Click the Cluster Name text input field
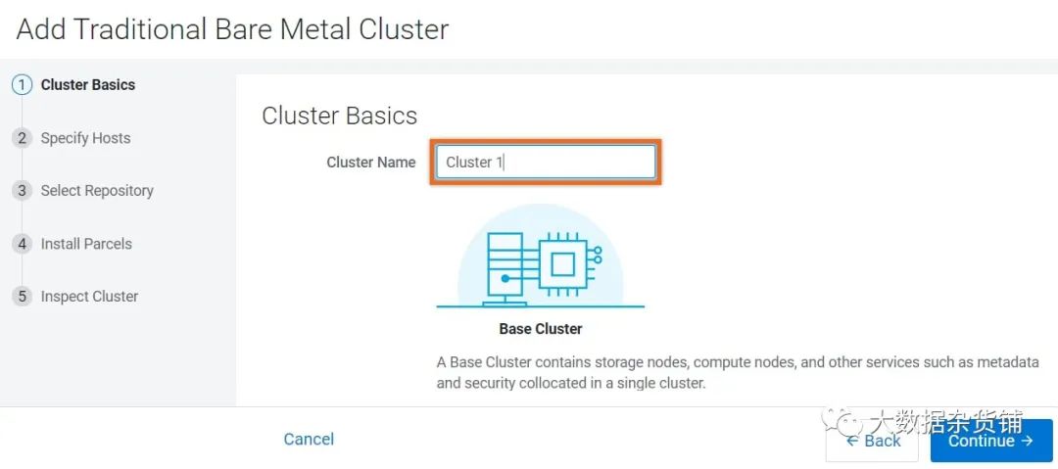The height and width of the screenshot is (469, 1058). pyautogui.click(x=546, y=162)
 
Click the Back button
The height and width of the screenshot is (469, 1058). pyautogui.click(x=872, y=441)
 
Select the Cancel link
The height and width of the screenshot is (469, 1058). pyautogui.click(x=309, y=440)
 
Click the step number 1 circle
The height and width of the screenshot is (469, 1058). pyautogui.click(x=23, y=85)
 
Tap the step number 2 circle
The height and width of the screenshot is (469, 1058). pyautogui.click(x=23, y=138)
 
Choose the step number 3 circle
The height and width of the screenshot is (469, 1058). pyautogui.click(x=23, y=191)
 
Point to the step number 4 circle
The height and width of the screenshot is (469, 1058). pyautogui.click(x=23, y=244)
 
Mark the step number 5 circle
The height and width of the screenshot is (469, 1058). pyautogui.click(x=23, y=297)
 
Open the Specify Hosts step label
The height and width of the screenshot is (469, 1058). pyautogui.click(x=85, y=138)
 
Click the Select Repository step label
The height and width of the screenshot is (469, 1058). pyautogui.click(x=97, y=191)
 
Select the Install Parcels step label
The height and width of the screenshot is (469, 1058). pyautogui.click(x=86, y=244)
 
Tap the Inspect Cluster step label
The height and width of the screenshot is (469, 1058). pyautogui.click(x=89, y=297)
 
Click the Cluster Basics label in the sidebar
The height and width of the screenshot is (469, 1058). pyautogui.click(x=88, y=85)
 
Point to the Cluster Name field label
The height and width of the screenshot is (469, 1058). pyautogui.click(x=371, y=162)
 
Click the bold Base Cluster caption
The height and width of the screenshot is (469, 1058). pyautogui.click(x=541, y=329)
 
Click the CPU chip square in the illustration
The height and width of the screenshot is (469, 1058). pyautogui.click(x=561, y=263)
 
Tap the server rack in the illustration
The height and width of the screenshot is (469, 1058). pyautogui.click(x=502, y=268)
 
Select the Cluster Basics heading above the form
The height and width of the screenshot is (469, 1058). pyautogui.click(x=339, y=117)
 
